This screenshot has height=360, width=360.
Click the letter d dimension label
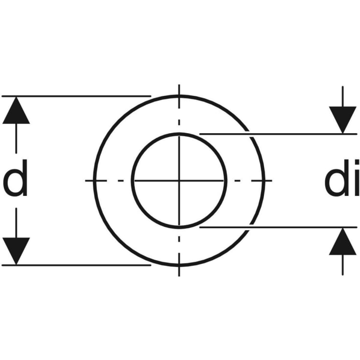click(x=15, y=178)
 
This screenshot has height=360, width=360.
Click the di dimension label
click(x=342, y=178)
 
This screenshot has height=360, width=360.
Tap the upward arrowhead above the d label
click(x=16, y=110)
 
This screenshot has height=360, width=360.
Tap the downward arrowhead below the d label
click(x=16, y=251)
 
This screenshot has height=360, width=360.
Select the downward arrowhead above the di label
click(x=342, y=120)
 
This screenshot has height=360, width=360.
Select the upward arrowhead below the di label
click(x=342, y=241)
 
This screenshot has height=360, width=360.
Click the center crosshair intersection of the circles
click(x=179, y=181)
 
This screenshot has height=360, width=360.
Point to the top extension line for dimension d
click(x=76, y=96)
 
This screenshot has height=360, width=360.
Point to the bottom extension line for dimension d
click(x=76, y=265)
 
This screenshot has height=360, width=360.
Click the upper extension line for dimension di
click(x=278, y=134)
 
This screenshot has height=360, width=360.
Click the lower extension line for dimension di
click(x=278, y=227)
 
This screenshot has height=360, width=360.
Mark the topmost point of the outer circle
click(x=179, y=96)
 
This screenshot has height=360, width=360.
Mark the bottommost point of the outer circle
click(x=179, y=265)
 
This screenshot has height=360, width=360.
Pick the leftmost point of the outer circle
click(x=95, y=181)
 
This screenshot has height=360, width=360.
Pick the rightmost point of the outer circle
click(x=264, y=181)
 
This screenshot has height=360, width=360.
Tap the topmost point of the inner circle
click(x=179, y=134)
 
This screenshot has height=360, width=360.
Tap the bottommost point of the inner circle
click(x=179, y=228)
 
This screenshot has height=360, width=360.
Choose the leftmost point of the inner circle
click(x=132, y=181)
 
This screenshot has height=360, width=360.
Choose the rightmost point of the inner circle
click(x=226, y=181)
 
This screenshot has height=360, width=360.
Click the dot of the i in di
click(x=357, y=162)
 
